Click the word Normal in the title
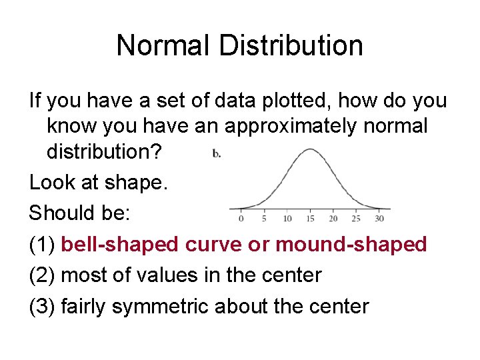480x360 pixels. click(x=159, y=45)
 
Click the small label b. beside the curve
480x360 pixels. click(x=217, y=154)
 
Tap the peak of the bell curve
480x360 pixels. click(x=310, y=150)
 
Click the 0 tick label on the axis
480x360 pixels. click(x=241, y=219)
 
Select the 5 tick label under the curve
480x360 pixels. click(x=265, y=219)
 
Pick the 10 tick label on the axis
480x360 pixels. click(x=287, y=219)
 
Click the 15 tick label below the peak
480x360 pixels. click(x=310, y=219)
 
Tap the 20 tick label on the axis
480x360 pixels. click(x=333, y=219)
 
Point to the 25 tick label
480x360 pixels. click(x=356, y=219)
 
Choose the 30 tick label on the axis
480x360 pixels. click(x=379, y=219)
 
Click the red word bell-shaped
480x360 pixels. click(x=120, y=245)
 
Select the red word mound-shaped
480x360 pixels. click(x=351, y=245)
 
